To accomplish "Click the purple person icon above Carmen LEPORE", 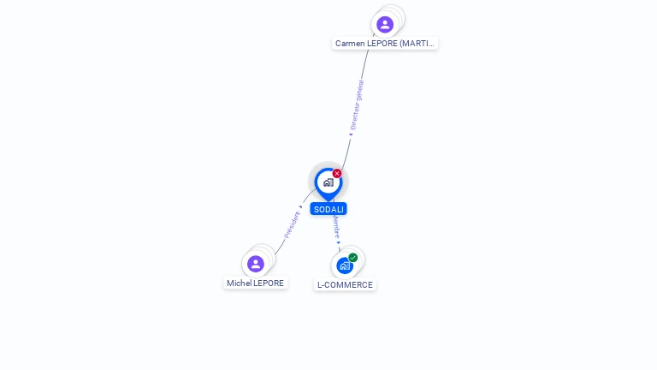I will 385,24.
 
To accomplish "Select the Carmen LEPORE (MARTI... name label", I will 385,43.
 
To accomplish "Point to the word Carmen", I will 351,43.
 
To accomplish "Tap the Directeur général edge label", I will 357,104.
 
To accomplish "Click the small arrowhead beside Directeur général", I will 350,134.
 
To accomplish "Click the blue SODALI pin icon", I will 328,182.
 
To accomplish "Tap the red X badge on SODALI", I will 337,174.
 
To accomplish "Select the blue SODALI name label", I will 328,209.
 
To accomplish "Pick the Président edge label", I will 292,224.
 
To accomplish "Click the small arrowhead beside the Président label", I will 300,207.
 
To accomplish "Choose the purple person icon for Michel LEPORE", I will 255,264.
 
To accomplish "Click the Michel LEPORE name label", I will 255,283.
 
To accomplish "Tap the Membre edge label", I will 336,227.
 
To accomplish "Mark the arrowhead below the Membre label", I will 339,243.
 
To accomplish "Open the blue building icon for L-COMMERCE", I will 345,266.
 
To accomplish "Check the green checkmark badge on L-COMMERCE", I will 353,257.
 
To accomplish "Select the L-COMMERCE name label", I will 345,284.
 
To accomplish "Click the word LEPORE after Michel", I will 269,283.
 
